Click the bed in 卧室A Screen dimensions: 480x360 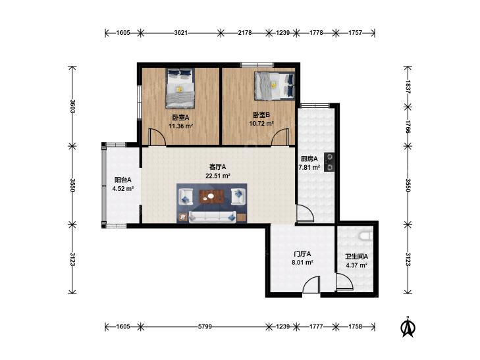point(180,88)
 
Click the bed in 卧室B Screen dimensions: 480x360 point(275,86)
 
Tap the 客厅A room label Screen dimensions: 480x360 point(218,167)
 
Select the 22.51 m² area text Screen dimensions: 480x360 point(218,176)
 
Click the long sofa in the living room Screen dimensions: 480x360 point(212,217)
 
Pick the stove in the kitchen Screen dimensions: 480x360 point(329,162)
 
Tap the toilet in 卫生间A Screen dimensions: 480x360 point(366,236)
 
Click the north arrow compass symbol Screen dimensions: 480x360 point(408,327)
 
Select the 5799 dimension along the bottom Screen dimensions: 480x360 point(205,326)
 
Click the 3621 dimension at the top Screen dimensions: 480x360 point(180,32)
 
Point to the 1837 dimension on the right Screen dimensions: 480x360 point(408,87)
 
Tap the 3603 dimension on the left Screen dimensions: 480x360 point(72,106)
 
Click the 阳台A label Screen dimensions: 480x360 point(122,180)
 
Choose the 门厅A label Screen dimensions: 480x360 point(302,254)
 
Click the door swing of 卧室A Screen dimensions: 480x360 point(157,137)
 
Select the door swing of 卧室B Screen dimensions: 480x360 point(280,137)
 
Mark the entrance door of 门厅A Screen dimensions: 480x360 point(311,285)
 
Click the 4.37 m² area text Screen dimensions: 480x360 point(357,265)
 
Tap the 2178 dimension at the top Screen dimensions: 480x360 point(245,32)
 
